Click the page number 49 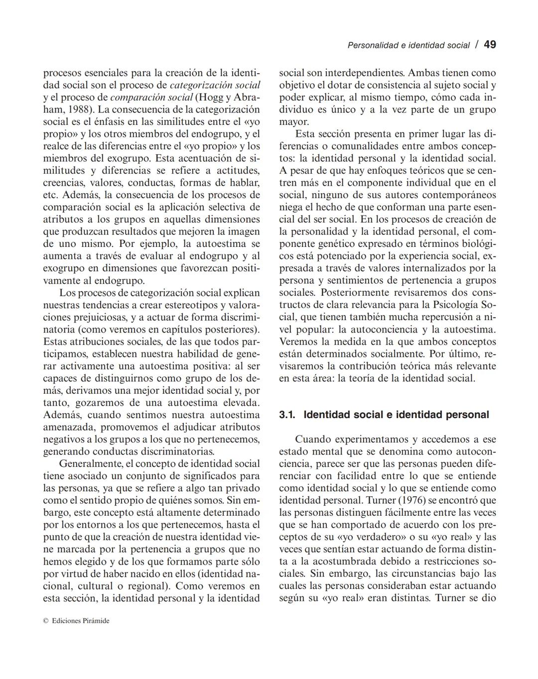pyautogui.click(x=490, y=45)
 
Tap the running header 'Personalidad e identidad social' pyautogui.click(x=408, y=45)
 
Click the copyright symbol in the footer pyautogui.click(x=45, y=621)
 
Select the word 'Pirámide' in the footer pyautogui.click(x=97, y=621)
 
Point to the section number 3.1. pyautogui.click(x=287, y=415)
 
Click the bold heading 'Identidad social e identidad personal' pyautogui.click(x=396, y=415)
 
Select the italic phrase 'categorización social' pyautogui.click(x=215, y=85)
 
